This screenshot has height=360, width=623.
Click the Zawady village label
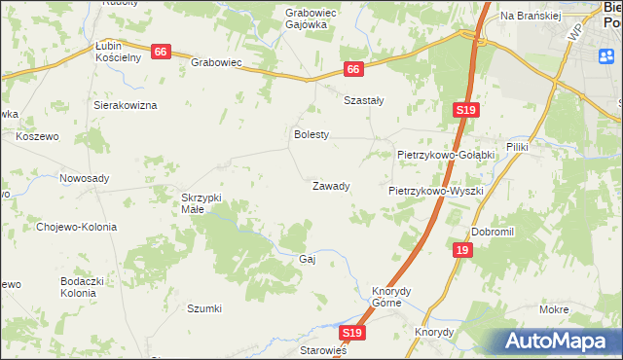click(330, 185)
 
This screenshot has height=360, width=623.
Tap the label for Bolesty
click(312, 134)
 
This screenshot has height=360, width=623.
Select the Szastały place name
click(364, 99)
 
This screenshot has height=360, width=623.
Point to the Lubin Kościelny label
click(119, 52)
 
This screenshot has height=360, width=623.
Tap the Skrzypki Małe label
click(202, 202)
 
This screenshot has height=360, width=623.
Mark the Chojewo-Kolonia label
click(76, 227)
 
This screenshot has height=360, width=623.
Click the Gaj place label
click(309, 259)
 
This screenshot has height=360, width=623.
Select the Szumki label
click(204, 308)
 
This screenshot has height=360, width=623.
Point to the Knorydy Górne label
click(393, 296)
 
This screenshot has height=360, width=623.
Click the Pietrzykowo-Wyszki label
click(436, 191)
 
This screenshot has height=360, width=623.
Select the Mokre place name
click(553, 308)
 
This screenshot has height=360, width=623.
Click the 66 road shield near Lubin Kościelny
click(162, 52)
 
